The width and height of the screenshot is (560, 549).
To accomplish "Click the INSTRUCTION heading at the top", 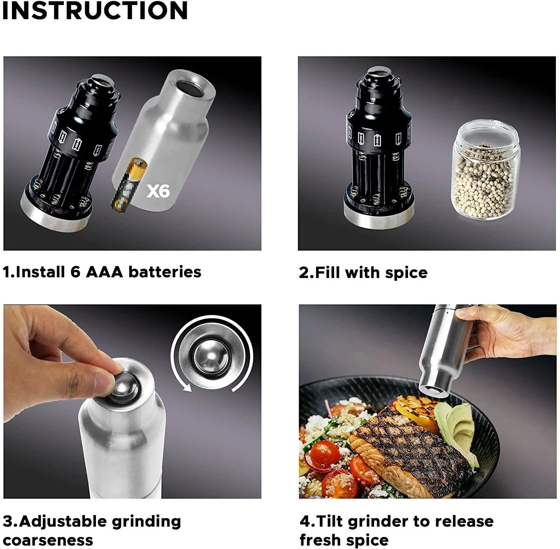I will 94,11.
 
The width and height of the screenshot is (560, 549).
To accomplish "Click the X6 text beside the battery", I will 158,191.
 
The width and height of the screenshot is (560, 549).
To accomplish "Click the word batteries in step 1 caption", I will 165,272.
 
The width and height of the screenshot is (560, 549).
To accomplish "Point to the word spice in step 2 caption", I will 406,273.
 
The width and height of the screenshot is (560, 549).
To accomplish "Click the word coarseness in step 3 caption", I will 48,540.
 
